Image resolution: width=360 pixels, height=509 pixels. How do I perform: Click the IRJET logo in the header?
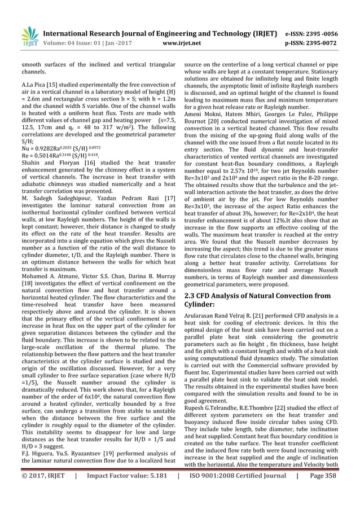point(28,37)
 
